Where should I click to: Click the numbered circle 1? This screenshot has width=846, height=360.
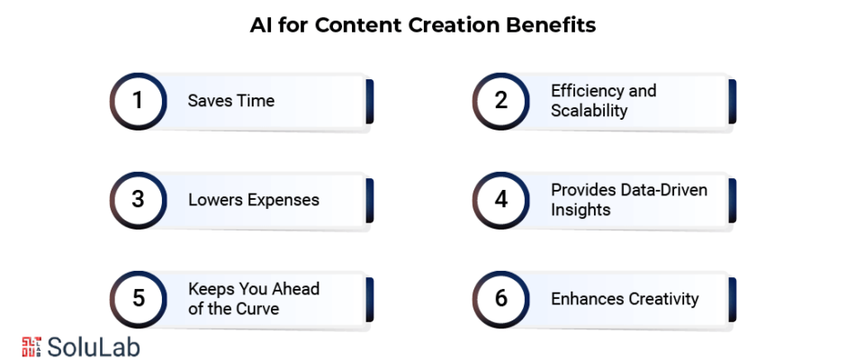[x=138, y=101]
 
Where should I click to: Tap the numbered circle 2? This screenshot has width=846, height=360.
[x=501, y=101]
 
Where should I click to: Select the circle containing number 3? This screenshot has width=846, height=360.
[x=138, y=200]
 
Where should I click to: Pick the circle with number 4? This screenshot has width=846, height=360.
[x=501, y=200]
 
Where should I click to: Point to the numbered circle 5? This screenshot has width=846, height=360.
[x=138, y=299]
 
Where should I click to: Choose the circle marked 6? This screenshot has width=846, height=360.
[x=501, y=299]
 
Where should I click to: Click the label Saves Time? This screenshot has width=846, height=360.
[x=231, y=101]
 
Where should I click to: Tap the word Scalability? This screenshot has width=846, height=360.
[x=589, y=111]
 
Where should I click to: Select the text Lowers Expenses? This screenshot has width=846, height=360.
[x=254, y=200]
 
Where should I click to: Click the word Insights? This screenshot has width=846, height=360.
[x=580, y=210]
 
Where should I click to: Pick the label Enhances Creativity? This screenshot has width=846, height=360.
[x=625, y=299]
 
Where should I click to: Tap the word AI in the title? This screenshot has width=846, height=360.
[x=261, y=25]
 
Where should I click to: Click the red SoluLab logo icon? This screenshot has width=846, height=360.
[x=31, y=346]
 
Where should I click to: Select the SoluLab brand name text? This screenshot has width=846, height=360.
[x=94, y=347]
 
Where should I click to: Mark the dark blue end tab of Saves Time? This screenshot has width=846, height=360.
[x=370, y=102]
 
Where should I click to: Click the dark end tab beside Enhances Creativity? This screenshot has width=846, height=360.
[x=733, y=300]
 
